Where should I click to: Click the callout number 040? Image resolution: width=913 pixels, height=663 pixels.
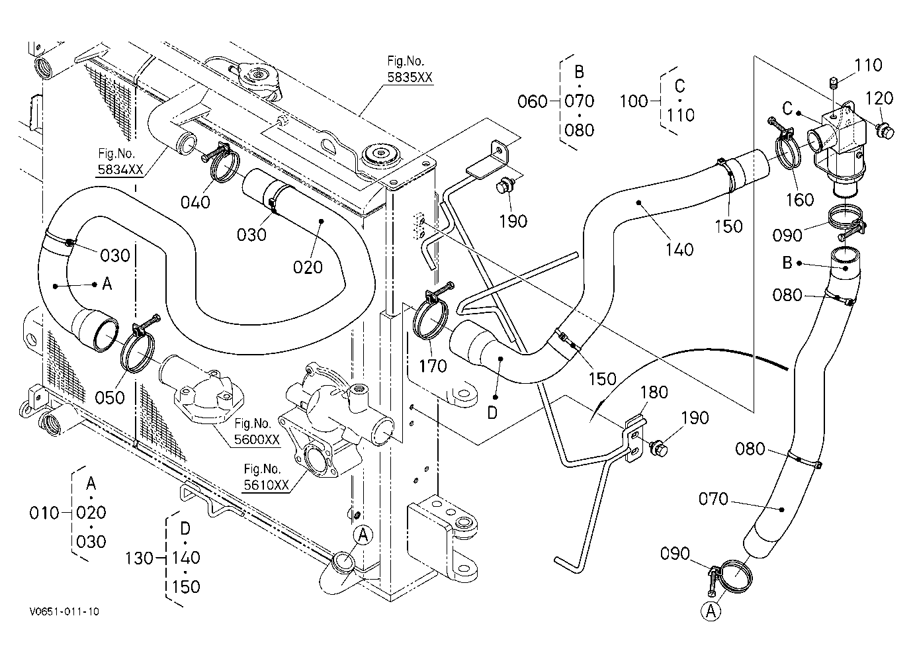(195, 202)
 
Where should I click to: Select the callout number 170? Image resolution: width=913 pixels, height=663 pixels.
(433, 366)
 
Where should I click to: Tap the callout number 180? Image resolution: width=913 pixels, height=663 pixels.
(654, 392)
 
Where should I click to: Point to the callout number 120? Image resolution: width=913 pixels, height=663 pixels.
(879, 99)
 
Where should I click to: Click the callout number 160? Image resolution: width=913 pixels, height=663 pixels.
(800, 200)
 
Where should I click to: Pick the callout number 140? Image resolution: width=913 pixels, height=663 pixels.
(679, 249)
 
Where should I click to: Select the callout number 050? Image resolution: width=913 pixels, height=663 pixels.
(110, 398)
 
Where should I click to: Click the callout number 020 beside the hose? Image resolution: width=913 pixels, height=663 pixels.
(308, 267)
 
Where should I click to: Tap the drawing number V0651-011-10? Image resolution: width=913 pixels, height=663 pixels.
(64, 611)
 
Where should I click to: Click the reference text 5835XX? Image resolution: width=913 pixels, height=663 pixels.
(410, 77)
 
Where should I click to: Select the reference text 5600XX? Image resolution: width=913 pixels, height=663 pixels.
(257, 439)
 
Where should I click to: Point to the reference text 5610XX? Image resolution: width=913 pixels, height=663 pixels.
(266, 485)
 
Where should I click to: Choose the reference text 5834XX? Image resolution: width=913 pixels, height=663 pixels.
(120, 169)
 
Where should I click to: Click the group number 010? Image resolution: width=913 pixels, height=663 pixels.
(44, 513)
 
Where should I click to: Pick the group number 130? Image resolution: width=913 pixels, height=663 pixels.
(139, 558)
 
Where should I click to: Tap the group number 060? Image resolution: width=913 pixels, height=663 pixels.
(533, 101)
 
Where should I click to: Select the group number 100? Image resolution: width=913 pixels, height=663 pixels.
(634, 101)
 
